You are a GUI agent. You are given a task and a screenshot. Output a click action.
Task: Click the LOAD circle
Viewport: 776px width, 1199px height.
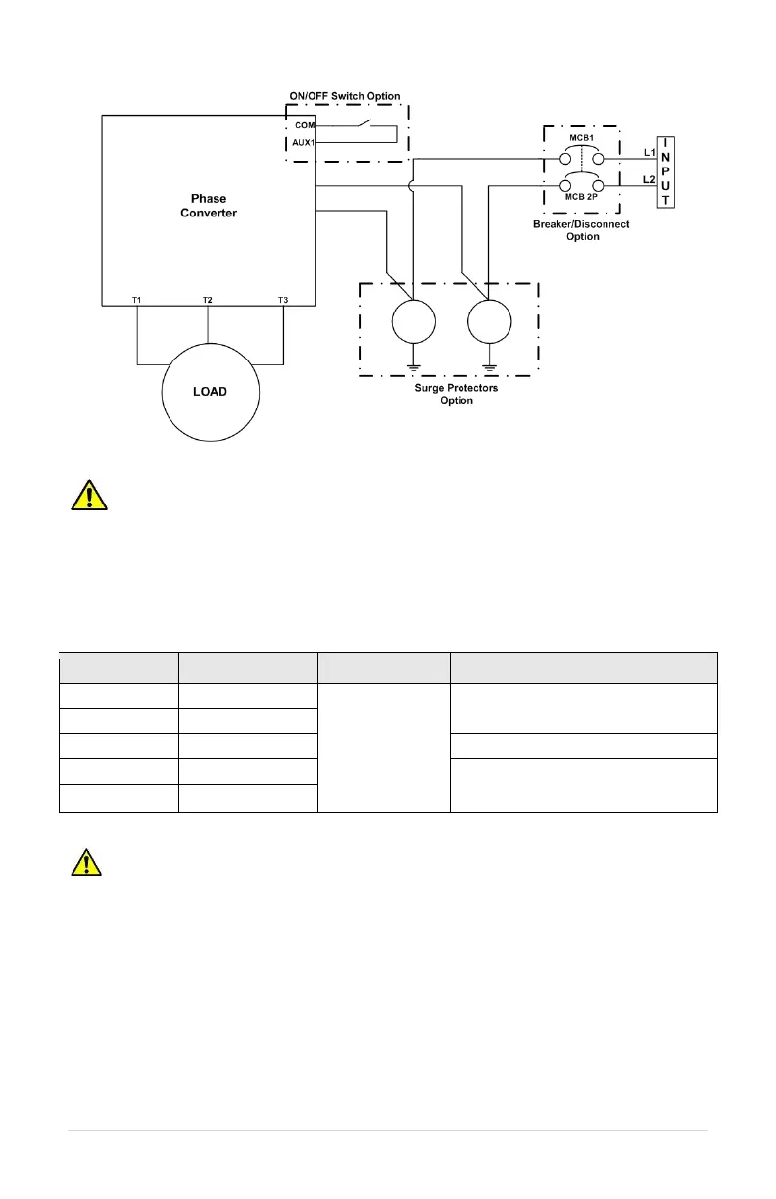210,391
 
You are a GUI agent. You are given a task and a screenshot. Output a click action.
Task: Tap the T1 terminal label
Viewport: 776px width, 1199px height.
137,300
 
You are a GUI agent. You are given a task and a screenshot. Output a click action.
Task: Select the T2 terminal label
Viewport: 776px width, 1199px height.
207,300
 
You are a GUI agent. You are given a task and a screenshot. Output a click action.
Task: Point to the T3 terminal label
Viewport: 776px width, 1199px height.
283,300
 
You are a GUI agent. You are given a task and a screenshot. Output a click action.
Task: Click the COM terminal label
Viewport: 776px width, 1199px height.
304,127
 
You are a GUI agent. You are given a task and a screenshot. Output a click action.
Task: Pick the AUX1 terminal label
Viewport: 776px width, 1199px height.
304,143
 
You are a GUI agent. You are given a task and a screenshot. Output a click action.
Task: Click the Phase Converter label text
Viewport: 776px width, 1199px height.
209,206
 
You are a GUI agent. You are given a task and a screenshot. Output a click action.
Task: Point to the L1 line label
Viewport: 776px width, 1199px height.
649,153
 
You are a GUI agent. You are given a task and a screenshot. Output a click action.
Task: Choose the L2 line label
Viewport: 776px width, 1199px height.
649,180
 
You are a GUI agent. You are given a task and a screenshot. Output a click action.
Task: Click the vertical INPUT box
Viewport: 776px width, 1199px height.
666,171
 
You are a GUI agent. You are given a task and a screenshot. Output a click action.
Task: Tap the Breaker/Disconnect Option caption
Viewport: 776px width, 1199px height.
582,230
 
